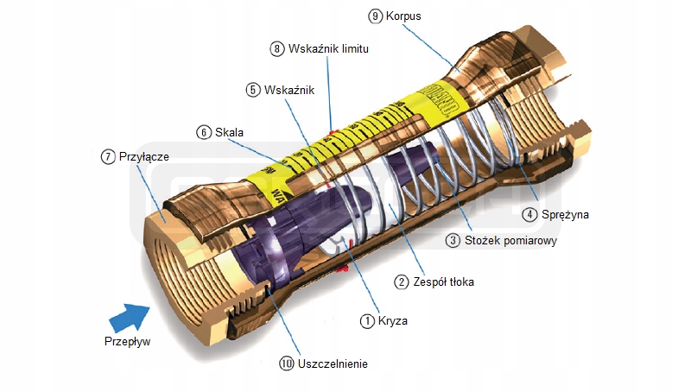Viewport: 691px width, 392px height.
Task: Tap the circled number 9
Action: [x=375, y=16]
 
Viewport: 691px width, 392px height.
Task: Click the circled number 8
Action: [x=277, y=49]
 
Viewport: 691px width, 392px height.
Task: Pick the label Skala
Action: [x=230, y=132]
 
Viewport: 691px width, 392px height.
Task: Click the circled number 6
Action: [x=204, y=132]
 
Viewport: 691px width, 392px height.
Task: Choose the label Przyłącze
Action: [x=143, y=156]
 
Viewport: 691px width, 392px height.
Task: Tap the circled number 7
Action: [x=108, y=156]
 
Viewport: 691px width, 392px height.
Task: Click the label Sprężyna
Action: [x=562, y=213]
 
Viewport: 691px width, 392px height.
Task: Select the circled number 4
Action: [x=527, y=213]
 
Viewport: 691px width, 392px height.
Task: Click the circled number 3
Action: [x=453, y=241]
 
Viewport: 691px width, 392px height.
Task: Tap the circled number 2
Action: [x=402, y=281]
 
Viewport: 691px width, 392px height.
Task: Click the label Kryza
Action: [x=392, y=320]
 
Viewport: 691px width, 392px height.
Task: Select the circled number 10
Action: [x=287, y=364]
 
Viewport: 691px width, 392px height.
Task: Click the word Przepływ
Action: [x=127, y=341]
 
